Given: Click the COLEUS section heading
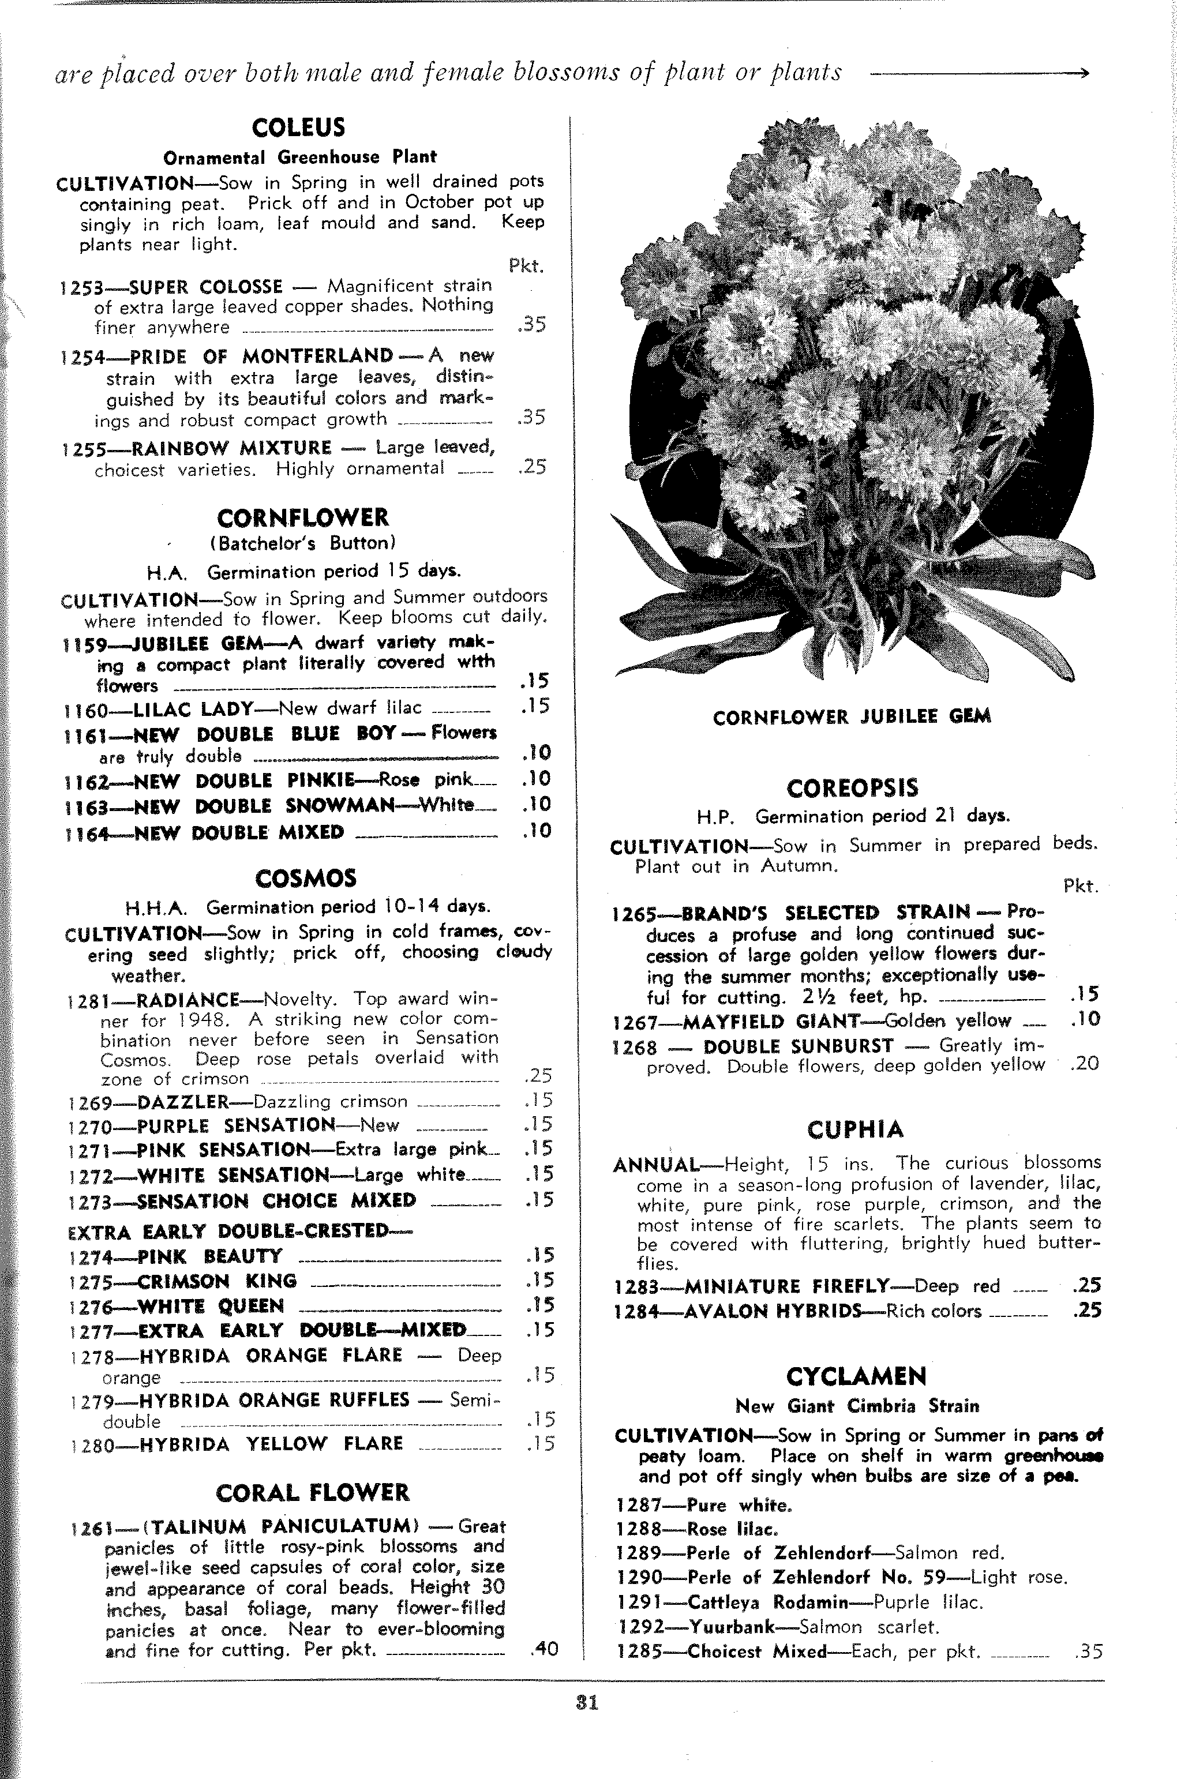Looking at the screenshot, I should point(298,127).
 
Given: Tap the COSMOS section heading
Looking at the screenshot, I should point(306,879).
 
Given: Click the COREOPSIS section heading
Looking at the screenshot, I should point(852,789).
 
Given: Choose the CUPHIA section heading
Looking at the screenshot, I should point(855,1129).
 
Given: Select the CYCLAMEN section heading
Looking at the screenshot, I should point(856,1376).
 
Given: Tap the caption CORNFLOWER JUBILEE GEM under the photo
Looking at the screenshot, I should point(851,717).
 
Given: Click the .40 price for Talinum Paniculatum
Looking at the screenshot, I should point(543,1649).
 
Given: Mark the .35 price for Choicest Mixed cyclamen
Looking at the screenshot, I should point(1088,1652).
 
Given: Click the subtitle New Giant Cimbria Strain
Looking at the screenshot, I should point(857,1406).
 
